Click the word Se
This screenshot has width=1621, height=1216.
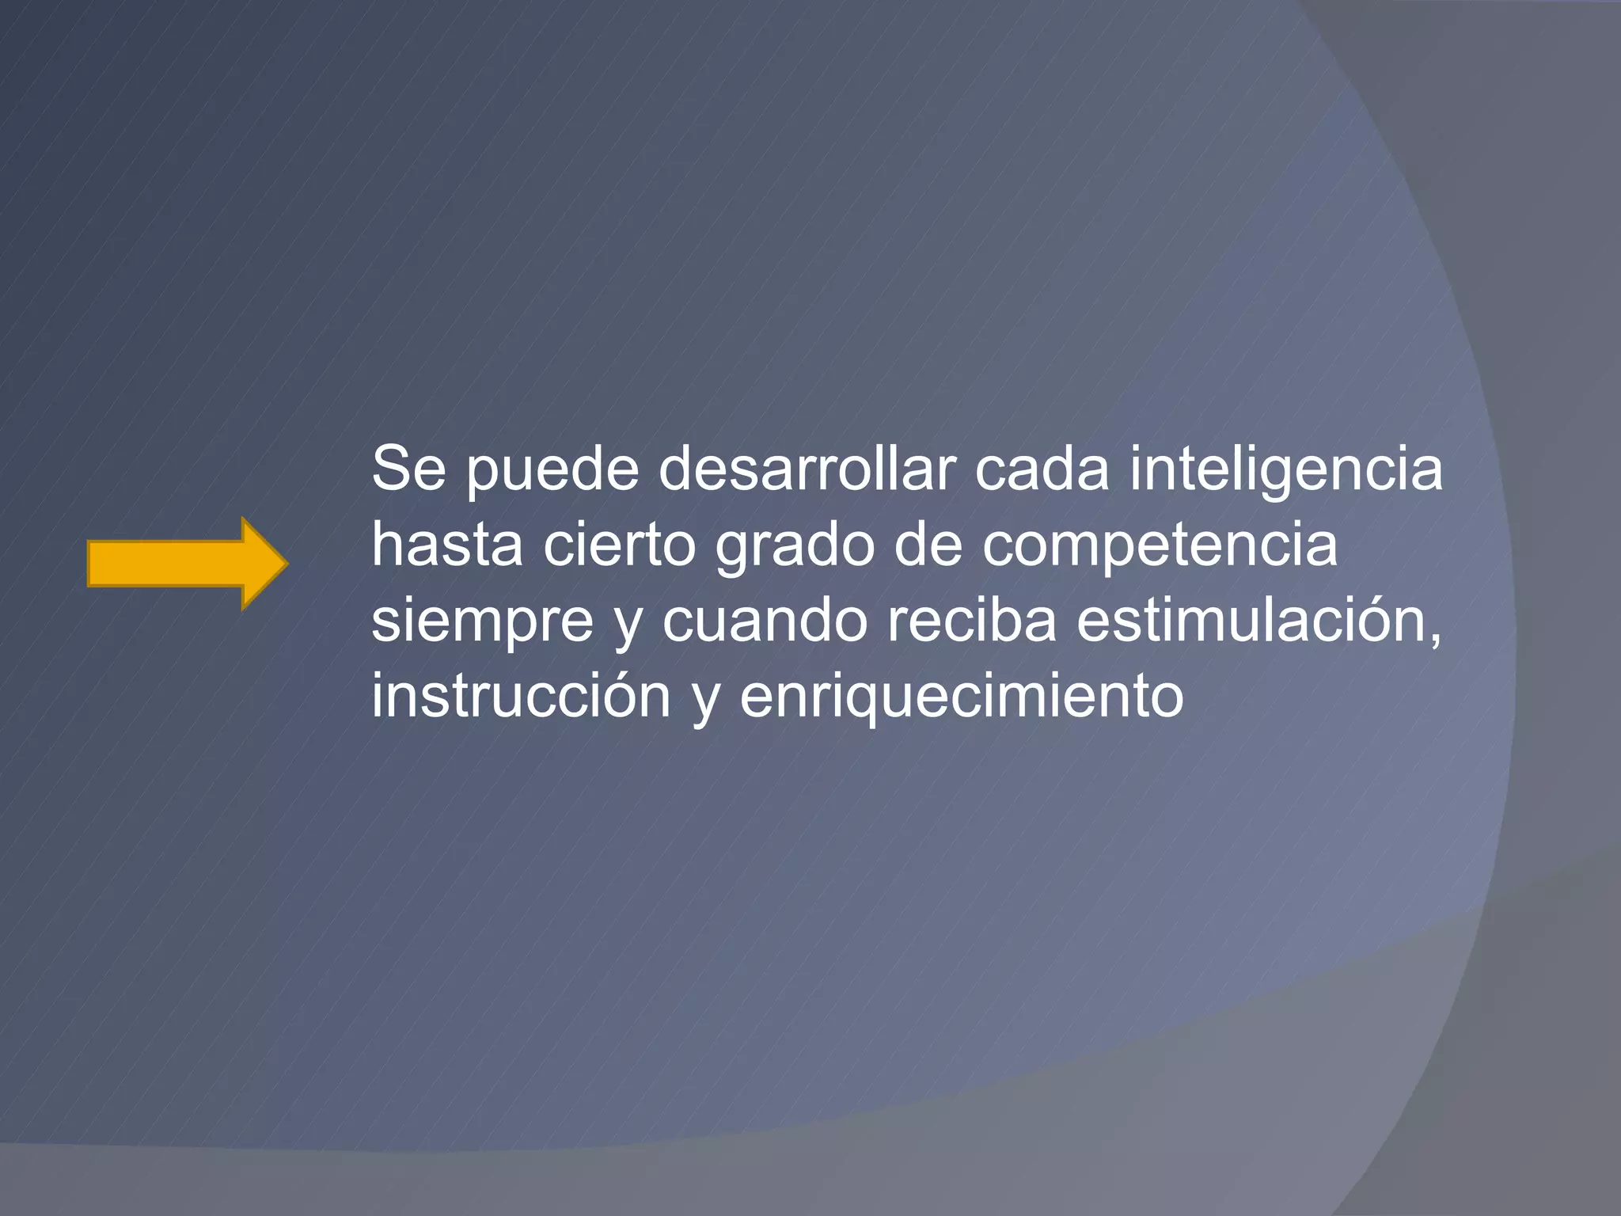tap(408, 469)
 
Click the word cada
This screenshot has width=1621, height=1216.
tap(1042, 469)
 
